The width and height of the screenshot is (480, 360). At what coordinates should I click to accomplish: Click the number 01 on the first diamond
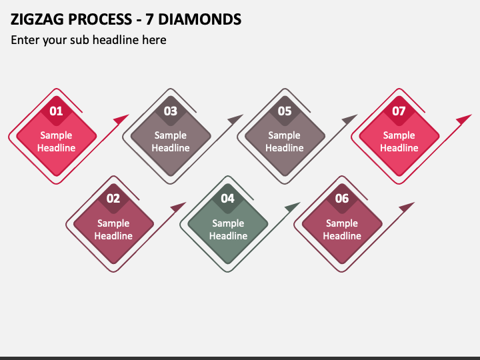click(56, 111)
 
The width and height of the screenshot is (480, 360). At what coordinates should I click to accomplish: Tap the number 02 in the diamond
click(113, 199)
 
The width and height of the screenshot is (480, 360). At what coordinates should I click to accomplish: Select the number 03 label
click(171, 111)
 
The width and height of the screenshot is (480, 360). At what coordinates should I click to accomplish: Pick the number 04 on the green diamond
click(227, 199)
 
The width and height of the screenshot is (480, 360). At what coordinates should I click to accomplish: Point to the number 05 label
click(285, 111)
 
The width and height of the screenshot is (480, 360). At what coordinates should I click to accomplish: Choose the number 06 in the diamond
click(341, 199)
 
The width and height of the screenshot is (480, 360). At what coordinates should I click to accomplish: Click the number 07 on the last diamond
click(399, 111)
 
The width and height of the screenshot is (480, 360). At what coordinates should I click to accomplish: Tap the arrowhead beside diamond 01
click(121, 119)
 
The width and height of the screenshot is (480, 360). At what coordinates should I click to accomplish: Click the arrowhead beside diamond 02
click(178, 207)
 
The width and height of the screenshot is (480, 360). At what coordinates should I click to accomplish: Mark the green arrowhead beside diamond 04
click(292, 207)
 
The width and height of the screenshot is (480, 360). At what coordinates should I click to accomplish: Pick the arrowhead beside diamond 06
click(406, 207)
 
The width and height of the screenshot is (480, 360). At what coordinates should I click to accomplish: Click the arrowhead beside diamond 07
click(463, 119)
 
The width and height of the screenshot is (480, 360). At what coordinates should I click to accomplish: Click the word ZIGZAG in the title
click(37, 19)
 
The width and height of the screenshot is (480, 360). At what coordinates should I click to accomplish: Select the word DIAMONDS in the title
click(200, 19)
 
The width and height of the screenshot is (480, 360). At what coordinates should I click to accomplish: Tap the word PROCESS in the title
click(100, 19)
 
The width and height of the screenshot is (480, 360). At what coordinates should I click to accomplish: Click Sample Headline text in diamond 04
click(228, 229)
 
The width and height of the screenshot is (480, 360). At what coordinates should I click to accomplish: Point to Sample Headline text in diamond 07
click(399, 141)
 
